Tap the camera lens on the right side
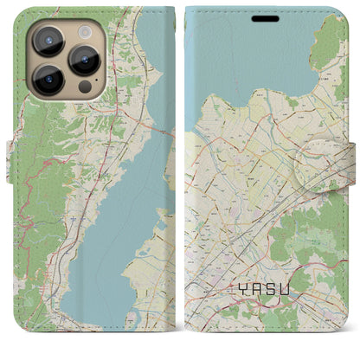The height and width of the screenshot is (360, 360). tap(85, 59)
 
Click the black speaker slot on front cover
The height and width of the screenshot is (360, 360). tap(267, 17)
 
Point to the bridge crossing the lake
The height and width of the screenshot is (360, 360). tap(158, 132)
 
